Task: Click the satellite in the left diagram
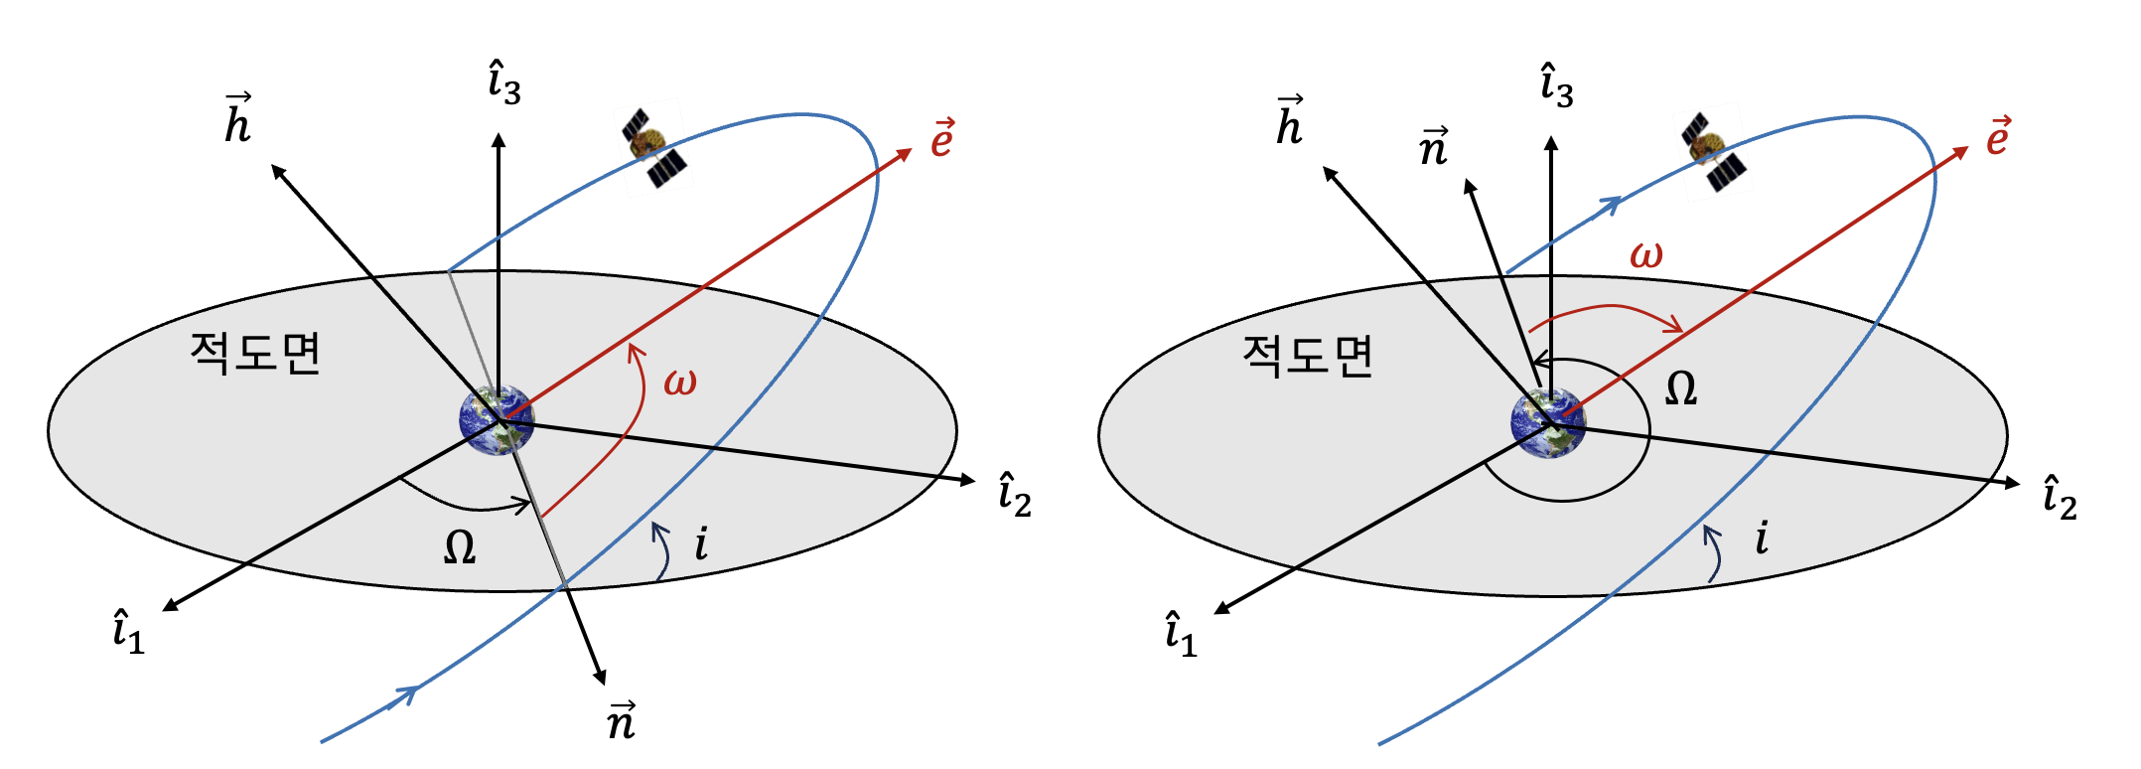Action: pos(653,147)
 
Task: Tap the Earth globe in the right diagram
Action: pos(1548,423)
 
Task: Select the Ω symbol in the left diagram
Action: pos(459,547)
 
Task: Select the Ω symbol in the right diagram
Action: pos(1680,388)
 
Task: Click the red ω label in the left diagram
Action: pos(680,382)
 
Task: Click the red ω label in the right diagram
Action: pos(1645,255)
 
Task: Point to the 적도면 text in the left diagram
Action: pos(255,353)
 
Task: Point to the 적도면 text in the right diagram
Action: pos(1308,356)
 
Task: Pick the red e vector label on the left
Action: pos(941,139)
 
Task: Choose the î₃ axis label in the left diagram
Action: pos(504,83)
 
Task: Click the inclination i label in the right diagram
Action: pos(1762,538)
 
